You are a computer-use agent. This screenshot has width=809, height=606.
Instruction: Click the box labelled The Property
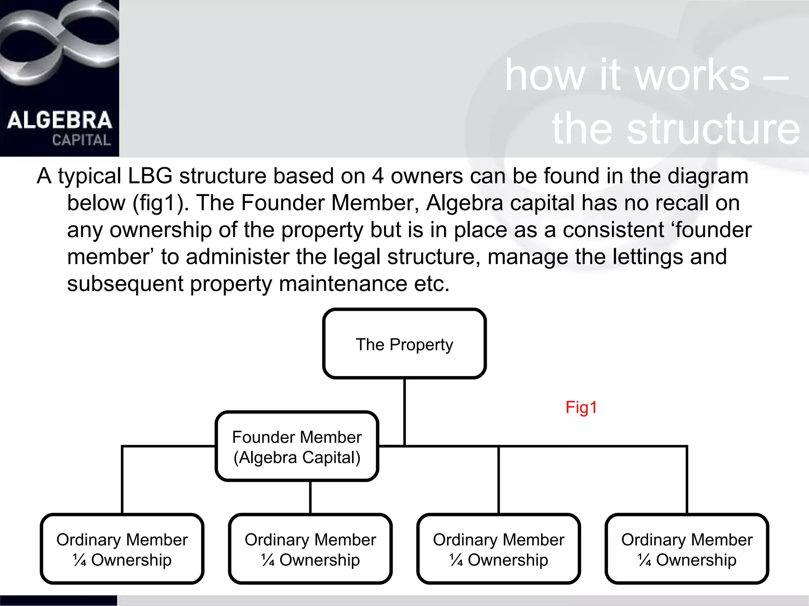pyautogui.click(x=404, y=344)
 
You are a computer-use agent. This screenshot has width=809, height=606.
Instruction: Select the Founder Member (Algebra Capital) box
pyautogui.click(x=297, y=447)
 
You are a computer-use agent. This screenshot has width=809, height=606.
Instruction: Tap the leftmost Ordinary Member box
pyautogui.click(x=122, y=549)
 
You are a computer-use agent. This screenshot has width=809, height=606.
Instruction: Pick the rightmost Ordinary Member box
pyautogui.click(x=687, y=549)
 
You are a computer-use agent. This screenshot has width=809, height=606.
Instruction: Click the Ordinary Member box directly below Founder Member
pyautogui.click(x=310, y=549)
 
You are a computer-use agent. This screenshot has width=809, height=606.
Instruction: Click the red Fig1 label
pyautogui.click(x=581, y=407)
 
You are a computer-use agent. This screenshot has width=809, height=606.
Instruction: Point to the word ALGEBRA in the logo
pyautogui.click(x=59, y=120)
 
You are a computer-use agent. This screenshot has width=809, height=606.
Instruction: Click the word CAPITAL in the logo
pyautogui.click(x=81, y=140)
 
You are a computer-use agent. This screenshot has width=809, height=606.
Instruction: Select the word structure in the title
pyautogui.click(x=713, y=129)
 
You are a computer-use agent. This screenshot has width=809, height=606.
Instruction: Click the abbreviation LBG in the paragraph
pyautogui.click(x=150, y=176)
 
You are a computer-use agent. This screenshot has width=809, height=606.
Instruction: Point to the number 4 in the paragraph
pyautogui.click(x=378, y=176)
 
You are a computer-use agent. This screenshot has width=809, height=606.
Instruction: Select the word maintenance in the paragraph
pyautogui.click(x=343, y=284)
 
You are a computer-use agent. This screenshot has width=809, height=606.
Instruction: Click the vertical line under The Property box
pyautogui.click(x=404, y=410)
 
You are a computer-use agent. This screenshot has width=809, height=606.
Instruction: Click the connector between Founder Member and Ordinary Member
pyautogui.click(x=310, y=497)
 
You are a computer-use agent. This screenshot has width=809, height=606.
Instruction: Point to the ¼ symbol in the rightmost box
pyautogui.click(x=644, y=560)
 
